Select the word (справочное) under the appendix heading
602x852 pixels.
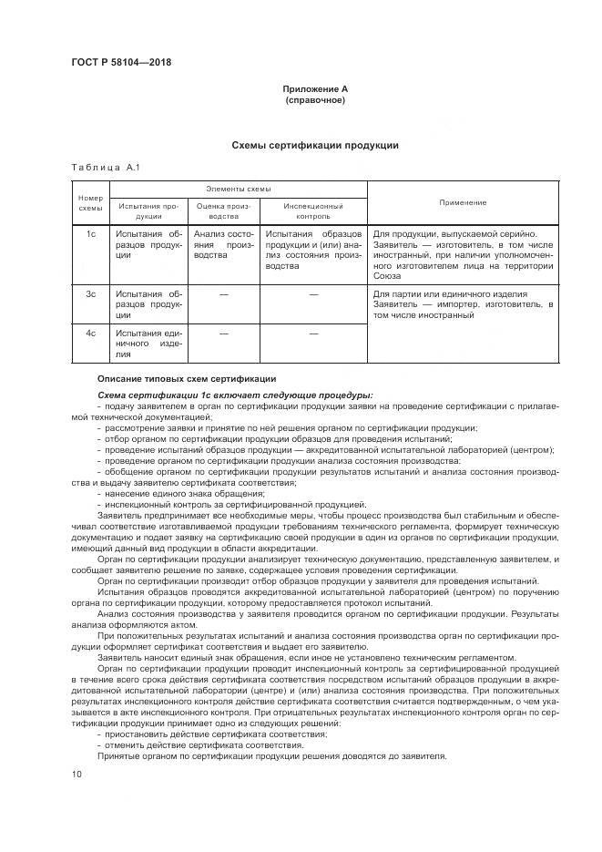point(314,99)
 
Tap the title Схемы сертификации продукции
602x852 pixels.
point(314,146)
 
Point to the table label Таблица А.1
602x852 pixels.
point(103,168)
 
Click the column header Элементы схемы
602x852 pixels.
point(238,189)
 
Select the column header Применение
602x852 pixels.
point(462,202)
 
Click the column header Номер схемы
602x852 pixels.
point(91,202)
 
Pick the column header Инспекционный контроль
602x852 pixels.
point(312,211)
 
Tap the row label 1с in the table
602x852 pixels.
point(91,234)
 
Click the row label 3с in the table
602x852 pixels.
point(91,293)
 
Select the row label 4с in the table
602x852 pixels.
point(91,334)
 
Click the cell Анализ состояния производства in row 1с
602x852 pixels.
point(223,245)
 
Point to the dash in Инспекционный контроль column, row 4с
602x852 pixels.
point(312,334)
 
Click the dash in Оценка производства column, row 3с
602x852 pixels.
point(223,293)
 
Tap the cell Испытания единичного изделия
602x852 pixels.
point(149,344)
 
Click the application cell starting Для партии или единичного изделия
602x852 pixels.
point(462,304)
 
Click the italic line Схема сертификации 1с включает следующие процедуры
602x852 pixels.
point(234,395)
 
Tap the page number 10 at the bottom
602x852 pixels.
point(77,774)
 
